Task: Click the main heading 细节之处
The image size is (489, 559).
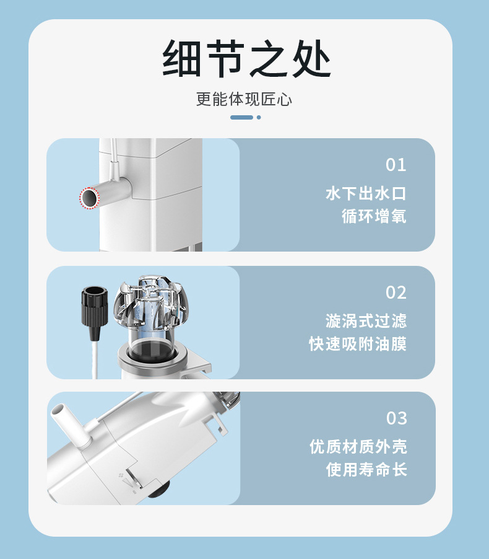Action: click(246, 58)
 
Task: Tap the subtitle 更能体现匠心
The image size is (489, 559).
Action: click(244, 99)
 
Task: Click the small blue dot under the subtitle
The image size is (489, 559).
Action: click(259, 117)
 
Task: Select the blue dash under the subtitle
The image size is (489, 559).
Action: click(241, 117)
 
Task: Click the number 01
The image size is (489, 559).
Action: click(396, 165)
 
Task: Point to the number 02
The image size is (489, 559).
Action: click(396, 293)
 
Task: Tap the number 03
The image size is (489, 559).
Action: click(396, 418)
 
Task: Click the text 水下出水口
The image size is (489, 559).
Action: click(366, 193)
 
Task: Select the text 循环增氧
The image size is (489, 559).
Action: click(374, 216)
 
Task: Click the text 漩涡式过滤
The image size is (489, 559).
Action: click(366, 321)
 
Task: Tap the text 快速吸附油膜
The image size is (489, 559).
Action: click(358, 344)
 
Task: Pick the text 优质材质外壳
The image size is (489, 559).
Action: click(358, 446)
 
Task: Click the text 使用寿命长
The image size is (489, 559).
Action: click(366, 469)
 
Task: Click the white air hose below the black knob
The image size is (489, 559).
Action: click(95, 359)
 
